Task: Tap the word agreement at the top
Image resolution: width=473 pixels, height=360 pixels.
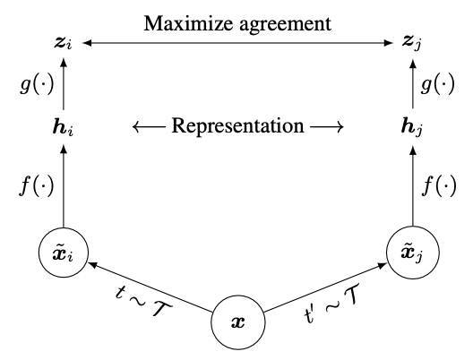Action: (286, 25)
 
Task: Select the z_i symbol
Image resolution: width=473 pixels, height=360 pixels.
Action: (63, 43)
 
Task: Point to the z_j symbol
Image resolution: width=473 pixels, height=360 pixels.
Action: (412, 43)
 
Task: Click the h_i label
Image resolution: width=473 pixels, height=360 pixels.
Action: (63, 127)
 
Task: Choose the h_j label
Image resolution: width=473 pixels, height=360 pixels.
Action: (411, 127)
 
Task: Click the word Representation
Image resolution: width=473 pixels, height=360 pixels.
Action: (237, 125)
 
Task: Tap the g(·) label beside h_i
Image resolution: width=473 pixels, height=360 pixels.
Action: (37, 84)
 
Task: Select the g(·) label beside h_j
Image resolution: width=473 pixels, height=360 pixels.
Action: (437, 84)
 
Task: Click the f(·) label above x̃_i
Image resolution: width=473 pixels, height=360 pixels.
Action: (37, 185)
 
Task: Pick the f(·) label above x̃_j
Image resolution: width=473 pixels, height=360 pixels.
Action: (439, 185)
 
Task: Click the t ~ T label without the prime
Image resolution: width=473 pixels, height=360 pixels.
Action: (143, 301)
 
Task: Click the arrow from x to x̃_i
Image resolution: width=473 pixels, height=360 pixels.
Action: (150, 287)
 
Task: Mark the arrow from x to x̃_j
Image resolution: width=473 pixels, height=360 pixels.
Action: (325, 287)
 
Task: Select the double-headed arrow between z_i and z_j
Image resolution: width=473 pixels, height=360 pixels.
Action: (237, 43)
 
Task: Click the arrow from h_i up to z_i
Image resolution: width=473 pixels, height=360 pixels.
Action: (64, 84)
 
